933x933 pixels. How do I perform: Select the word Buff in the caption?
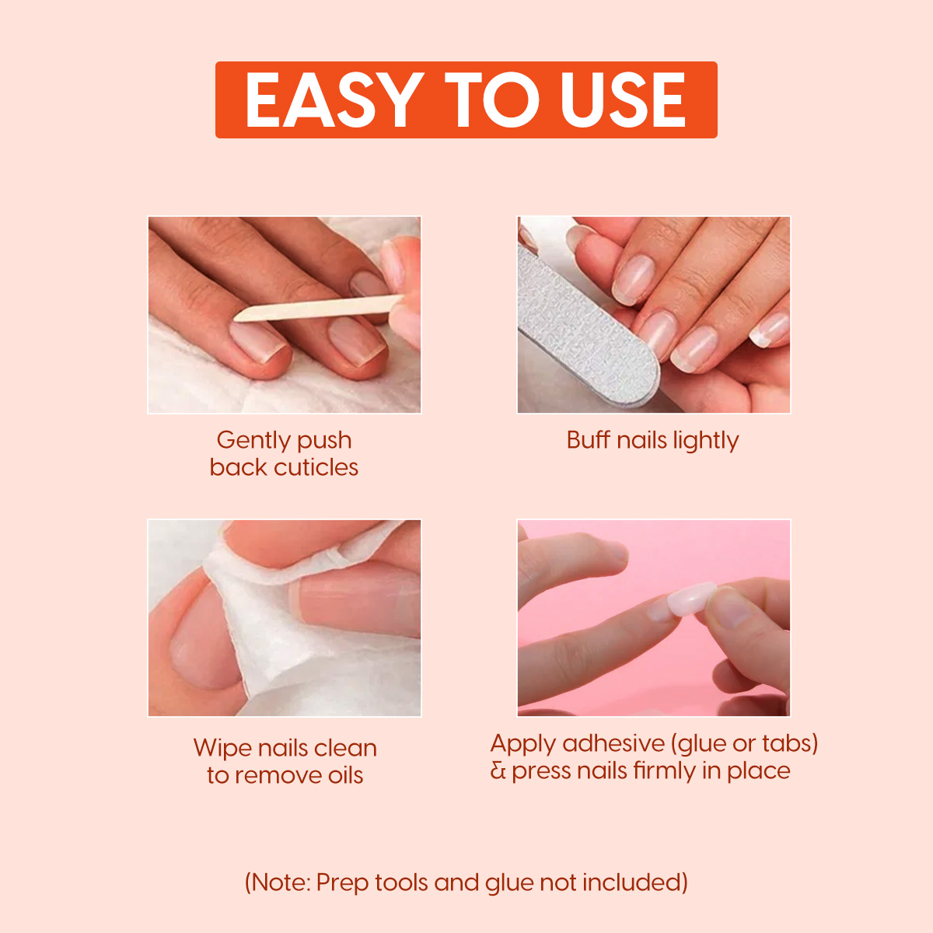pyautogui.click(x=588, y=440)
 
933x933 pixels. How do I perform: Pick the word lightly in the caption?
pyautogui.click(x=705, y=441)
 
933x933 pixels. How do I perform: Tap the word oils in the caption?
pyautogui.click(x=343, y=775)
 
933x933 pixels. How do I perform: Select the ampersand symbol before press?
pyautogui.click(x=498, y=771)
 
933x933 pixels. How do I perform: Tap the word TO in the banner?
pyautogui.click(x=491, y=100)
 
